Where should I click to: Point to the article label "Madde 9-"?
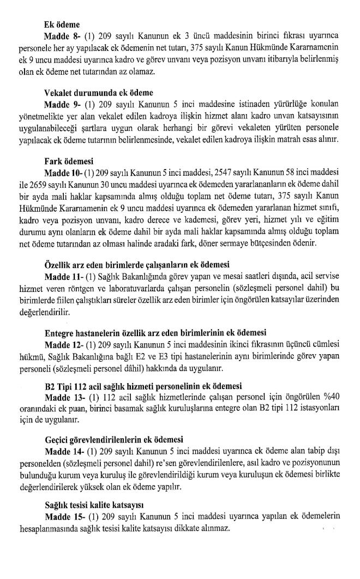click(x=62, y=106)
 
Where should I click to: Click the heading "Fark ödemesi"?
click(x=69, y=161)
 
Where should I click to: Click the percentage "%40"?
click(x=328, y=397)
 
